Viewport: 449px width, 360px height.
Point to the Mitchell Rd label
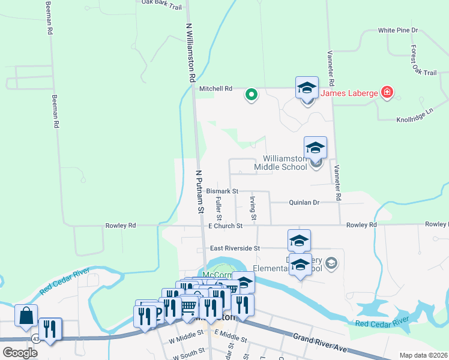click(215, 89)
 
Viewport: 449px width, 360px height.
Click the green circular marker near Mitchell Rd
click(252, 94)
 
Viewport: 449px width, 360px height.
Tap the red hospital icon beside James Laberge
click(388, 92)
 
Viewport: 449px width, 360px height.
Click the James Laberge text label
click(349, 93)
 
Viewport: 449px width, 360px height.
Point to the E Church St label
click(225, 226)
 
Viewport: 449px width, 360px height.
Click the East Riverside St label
click(235, 248)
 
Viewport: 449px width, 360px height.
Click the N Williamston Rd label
click(190, 53)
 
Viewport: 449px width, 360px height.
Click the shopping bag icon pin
click(26, 316)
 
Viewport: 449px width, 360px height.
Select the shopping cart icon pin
click(188, 306)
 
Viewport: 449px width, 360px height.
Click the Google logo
click(20, 353)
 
